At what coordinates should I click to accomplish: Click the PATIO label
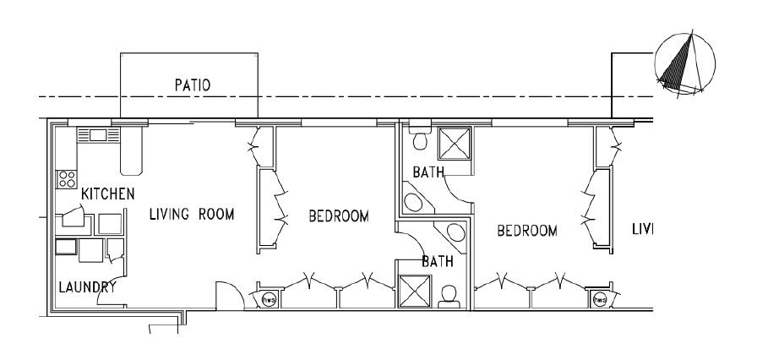pyautogui.click(x=192, y=85)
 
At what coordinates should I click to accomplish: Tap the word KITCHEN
pyautogui.click(x=107, y=194)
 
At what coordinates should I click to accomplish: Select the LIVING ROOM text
pyautogui.click(x=191, y=214)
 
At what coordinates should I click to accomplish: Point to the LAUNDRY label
pyautogui.click(x=87, y=286)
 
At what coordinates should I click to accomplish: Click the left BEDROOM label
pyautogui.click(x=338, y=216)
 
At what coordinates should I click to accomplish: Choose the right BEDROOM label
pyautogui.click(x=526, y=230)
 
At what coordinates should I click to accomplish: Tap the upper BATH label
pyautogui.click(x=428, y=172)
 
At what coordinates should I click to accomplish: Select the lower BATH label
pyautogui.click(x=437, y=262)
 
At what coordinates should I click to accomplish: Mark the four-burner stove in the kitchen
pyautogui.click(x=66, y=178)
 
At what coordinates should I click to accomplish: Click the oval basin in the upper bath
pyautogui.click(x=414, y=204)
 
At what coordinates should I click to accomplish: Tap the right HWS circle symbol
pyautogui.click(x=600, y=298)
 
